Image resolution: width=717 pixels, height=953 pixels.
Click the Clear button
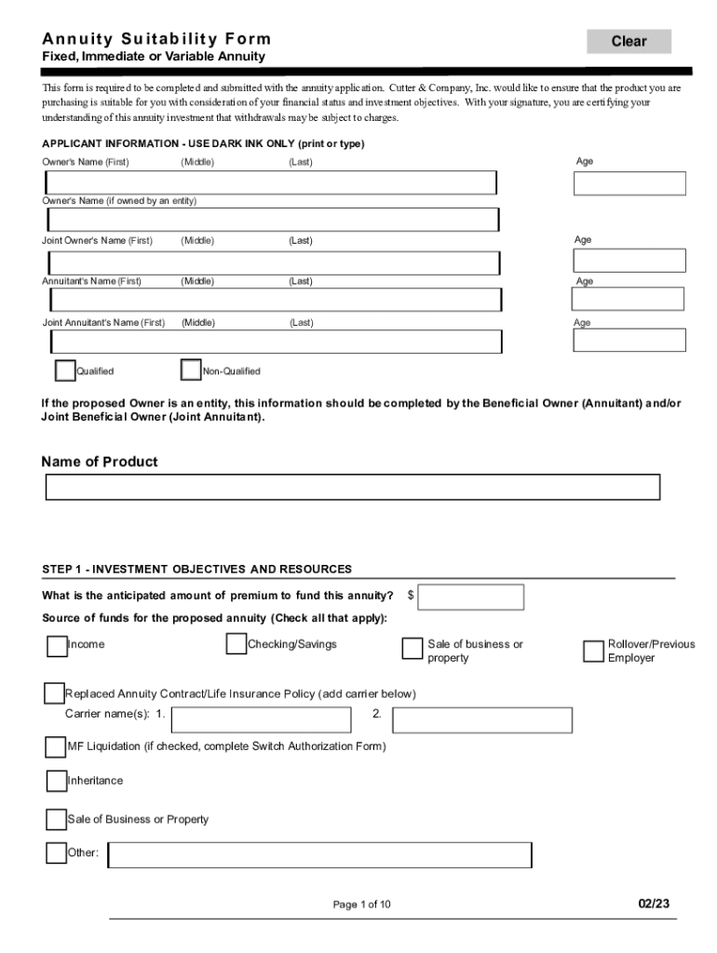(x=629, y=41)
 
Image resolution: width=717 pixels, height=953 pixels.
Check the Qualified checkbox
(x=65, y=370)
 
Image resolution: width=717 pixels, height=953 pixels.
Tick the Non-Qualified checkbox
(x=191, y=370)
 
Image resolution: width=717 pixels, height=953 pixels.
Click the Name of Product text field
(x=353, y=487)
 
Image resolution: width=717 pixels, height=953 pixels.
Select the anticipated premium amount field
(x=471, y=597)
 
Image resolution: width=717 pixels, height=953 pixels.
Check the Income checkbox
(x=57, y=645)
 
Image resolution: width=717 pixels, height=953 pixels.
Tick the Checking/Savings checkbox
(x=237, y=644)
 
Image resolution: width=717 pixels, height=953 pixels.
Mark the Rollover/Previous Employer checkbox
(x=593, y=651)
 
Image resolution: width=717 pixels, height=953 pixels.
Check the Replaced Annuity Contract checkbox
(x=54, y=694)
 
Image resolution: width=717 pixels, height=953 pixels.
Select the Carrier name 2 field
(x=482, y=719)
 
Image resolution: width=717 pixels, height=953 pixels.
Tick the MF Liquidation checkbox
(x=55, y=746)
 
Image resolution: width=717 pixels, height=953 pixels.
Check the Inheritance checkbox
(x=56, y=781)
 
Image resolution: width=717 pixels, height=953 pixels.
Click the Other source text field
(x=320, y=854)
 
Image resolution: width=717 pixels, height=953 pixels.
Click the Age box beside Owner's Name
(x=629, y=183)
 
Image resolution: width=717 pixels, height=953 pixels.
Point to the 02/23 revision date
(x=654, y=903)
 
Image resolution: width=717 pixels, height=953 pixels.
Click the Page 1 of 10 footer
(x=362, y=904)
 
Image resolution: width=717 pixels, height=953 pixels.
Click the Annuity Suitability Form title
(x=156, y=39)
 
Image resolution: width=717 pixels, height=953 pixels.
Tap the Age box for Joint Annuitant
(x=629, y=340)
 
